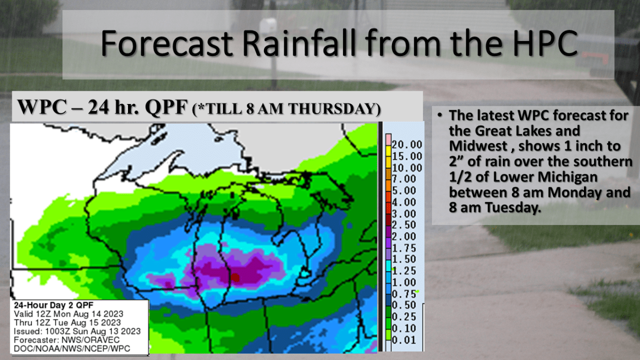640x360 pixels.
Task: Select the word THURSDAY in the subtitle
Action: point(334,109)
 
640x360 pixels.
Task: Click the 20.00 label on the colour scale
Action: point(407,145)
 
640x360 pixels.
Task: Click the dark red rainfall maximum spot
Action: point(235,277)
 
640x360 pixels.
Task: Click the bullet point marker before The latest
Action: point(439,115)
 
